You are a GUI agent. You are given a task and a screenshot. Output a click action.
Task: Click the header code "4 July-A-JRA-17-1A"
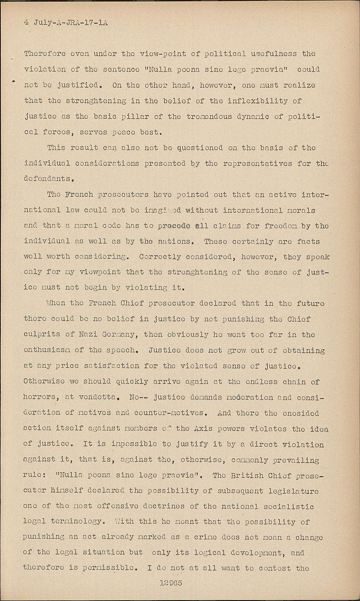point(66,22)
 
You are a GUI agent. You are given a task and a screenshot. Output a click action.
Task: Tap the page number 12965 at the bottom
point(170,583)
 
